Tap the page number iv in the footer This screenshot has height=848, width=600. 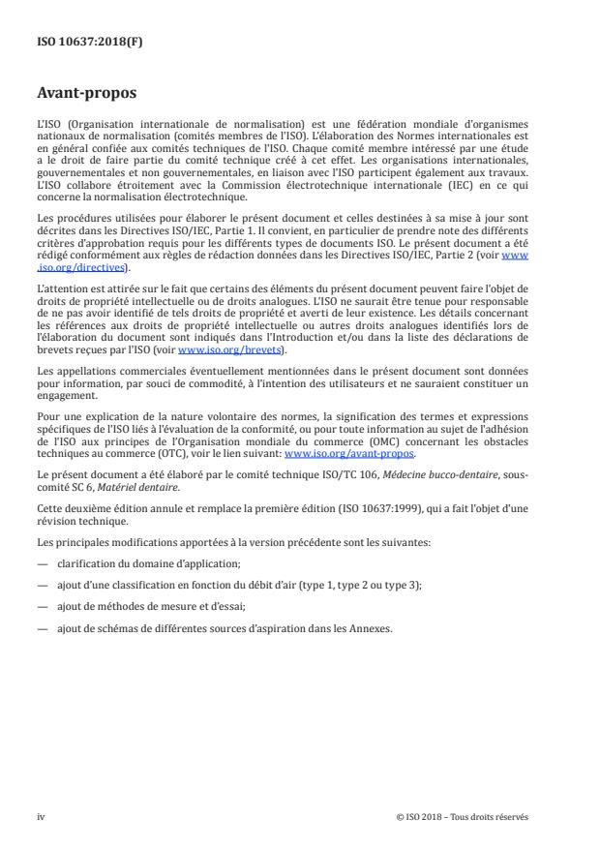[41, 817]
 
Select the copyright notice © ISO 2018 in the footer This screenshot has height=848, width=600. [463, 817]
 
